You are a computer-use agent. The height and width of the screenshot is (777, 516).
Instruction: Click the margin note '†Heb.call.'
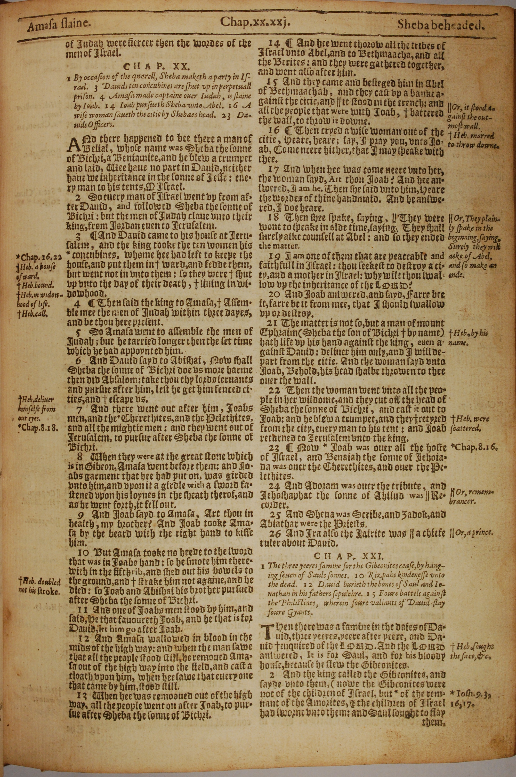point(33,313)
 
